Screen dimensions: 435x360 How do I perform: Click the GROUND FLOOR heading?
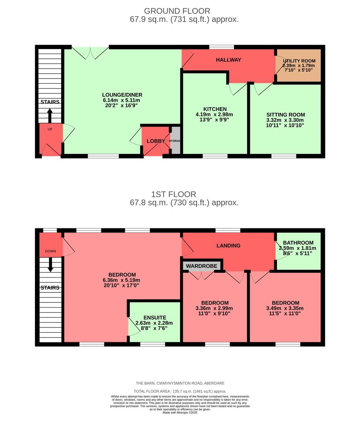(177, 11)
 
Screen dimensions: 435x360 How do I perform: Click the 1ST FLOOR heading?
(177, 195)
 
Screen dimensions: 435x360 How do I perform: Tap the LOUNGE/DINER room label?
(122, 95)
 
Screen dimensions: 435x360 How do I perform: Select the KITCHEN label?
(215, 109)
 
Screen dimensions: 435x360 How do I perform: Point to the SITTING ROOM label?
(286, 114)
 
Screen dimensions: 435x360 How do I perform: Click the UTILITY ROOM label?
(299, 61)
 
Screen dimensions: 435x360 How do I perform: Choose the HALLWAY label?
(228, 60)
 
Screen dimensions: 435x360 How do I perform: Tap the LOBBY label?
(155, 141)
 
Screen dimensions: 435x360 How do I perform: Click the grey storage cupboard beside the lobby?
(175, 141)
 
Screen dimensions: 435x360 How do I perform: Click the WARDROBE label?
(202, 266)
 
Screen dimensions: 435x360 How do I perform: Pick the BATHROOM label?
(298, 243)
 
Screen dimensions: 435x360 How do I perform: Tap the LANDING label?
(228, 246)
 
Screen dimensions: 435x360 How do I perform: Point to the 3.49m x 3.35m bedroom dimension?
(285, 309)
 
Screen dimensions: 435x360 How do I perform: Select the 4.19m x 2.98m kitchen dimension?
(215, 114)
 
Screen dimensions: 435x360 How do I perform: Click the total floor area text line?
(180, 391)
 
